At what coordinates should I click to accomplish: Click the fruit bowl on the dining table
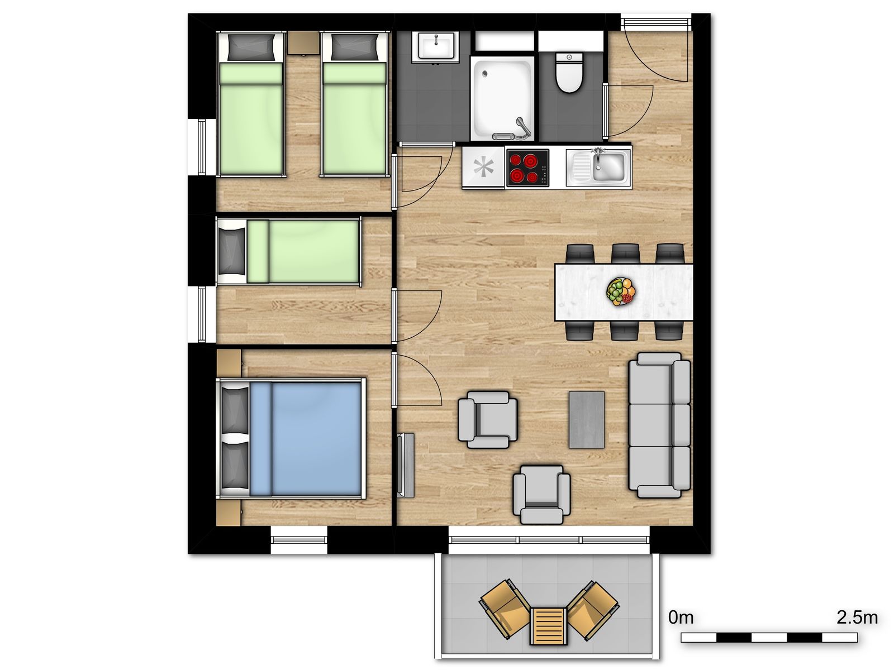pyautogui.click(x=621, y=291)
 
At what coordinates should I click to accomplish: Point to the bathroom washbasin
pyautogui.click(x=435, y=46)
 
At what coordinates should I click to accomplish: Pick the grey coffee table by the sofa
pyautogui.click(x=586, y=419)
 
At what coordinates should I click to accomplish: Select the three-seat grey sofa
pyautogui.click(x=659, y=424)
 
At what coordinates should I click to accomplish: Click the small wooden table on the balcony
pyautogui.click(x=548, y=625)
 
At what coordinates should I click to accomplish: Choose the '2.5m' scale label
pyautogui.click(x=857, y=618)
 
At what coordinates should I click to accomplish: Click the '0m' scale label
pyautogui.click(x=681, y=618)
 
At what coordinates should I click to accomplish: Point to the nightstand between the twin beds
pyautogui.click(x=303, y=43)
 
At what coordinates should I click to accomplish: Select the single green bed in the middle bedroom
pyautogui.click(x=302, y=251)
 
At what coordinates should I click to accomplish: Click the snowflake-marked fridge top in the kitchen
pyautogui.click(x=482, y=167)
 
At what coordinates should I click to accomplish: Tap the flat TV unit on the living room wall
pyautogui.click(x=406, y=465)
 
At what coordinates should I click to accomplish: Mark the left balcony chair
pyautogui.click(x=505, y=608)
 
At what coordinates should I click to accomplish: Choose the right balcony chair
pyautogui.click(x=592, y=608)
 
